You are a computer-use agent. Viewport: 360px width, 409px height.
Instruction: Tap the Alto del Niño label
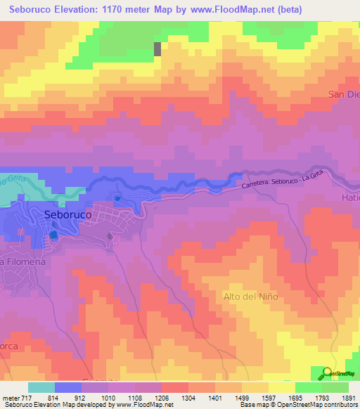tap(250, 296)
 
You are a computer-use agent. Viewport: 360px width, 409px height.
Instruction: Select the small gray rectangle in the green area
tap(157, 48)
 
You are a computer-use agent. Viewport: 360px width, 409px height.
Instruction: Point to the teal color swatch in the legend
tap(41, 387)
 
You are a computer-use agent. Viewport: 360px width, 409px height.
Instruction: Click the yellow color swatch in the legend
tap(281, 387)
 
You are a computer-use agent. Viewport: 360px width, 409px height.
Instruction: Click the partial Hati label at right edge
tap(349, 199)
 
